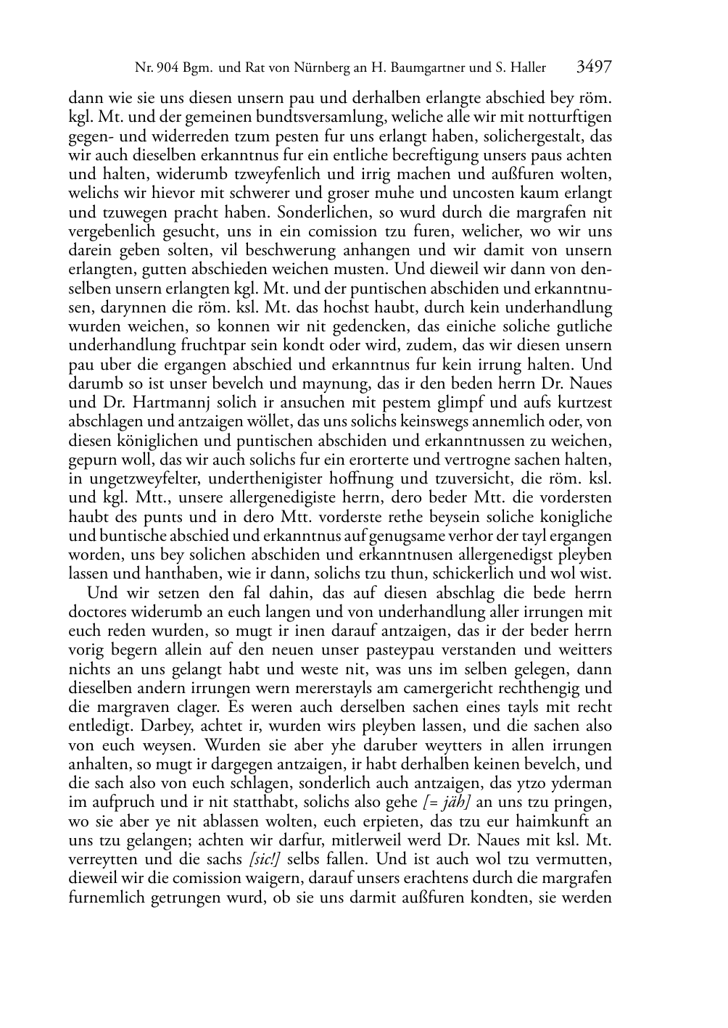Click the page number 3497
(595, 67)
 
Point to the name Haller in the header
(525, 69)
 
